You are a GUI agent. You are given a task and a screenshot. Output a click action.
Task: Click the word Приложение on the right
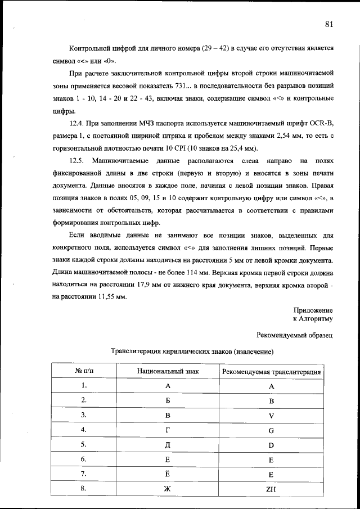(x=313, y=310)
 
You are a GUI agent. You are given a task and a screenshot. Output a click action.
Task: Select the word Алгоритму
(x=317, y=319)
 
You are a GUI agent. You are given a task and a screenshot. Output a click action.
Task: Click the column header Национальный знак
(x=168, y=372)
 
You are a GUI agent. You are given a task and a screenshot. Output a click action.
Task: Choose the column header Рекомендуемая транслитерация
(x=272, y=372)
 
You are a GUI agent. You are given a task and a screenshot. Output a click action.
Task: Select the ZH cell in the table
(x=271, y=489)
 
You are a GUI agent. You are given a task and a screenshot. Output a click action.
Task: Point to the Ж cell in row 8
(x=167, y=489)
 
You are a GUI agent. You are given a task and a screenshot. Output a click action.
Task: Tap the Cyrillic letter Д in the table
(x=167, y=445)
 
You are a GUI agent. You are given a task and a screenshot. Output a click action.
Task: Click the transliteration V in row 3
(x=271, y=416)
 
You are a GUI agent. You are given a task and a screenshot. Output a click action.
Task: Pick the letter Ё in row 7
(x=167, y=474)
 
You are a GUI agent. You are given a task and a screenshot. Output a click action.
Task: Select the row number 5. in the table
(x=83, y=444)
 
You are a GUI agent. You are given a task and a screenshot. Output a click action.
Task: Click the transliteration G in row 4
(x=271, y=430)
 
